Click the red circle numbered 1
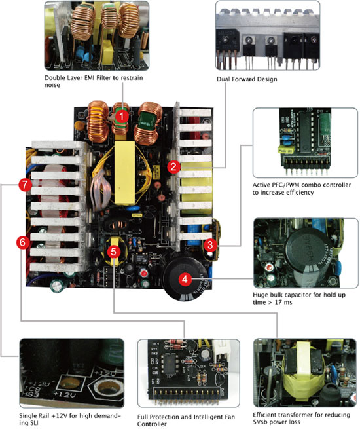click(x=121, y=117)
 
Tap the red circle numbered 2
click(x=173, y=166)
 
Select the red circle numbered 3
click(x=210, y=245)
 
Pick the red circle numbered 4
click(x=185, y=280)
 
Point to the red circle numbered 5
click(x=113, y=252)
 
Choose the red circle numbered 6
click(x=23, y=242)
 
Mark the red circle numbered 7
click(x=25, y=185)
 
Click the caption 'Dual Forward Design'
click(x=247, y=79)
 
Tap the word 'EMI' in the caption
click(x=90, y=78)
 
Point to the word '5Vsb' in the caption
click(x=261, y=422)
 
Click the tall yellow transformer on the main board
click(x=125, y=173)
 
